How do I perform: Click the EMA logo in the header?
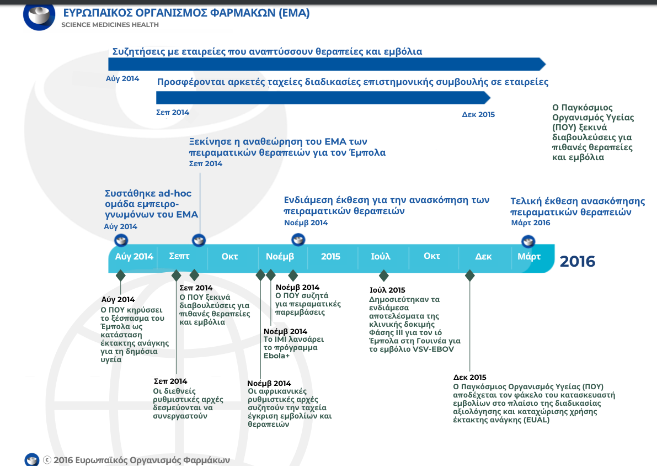(x=39, y=16)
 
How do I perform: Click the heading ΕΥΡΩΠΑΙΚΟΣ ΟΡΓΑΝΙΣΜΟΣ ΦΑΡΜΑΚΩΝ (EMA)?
(x=186, y=13)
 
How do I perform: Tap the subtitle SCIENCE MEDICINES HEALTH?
(x=110, y=25)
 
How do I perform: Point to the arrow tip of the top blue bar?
(x=546, y=64)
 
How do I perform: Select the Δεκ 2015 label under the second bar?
(x=478, y=114)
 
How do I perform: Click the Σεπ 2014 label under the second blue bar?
(x=173, y=113)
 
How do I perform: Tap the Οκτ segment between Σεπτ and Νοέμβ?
(x=229, y=256)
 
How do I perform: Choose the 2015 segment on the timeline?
(x=330, y=256)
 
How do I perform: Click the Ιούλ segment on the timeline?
(x=381, y=256)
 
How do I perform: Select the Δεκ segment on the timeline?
(x=483, y=256)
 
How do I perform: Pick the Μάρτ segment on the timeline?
(x=529, y=256)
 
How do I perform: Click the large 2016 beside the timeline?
(x=578, y=261)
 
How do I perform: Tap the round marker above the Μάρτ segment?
(x=528, y=242)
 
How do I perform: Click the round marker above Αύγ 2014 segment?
(x=121, y=240)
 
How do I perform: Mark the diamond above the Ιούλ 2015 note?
(x=383, y=276)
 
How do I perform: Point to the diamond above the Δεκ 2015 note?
(x=469, y=276)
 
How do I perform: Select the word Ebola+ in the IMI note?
(x=276, y=356)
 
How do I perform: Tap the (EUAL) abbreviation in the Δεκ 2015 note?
(x=536, y=420)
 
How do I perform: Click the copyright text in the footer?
(x=137, y=460)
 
